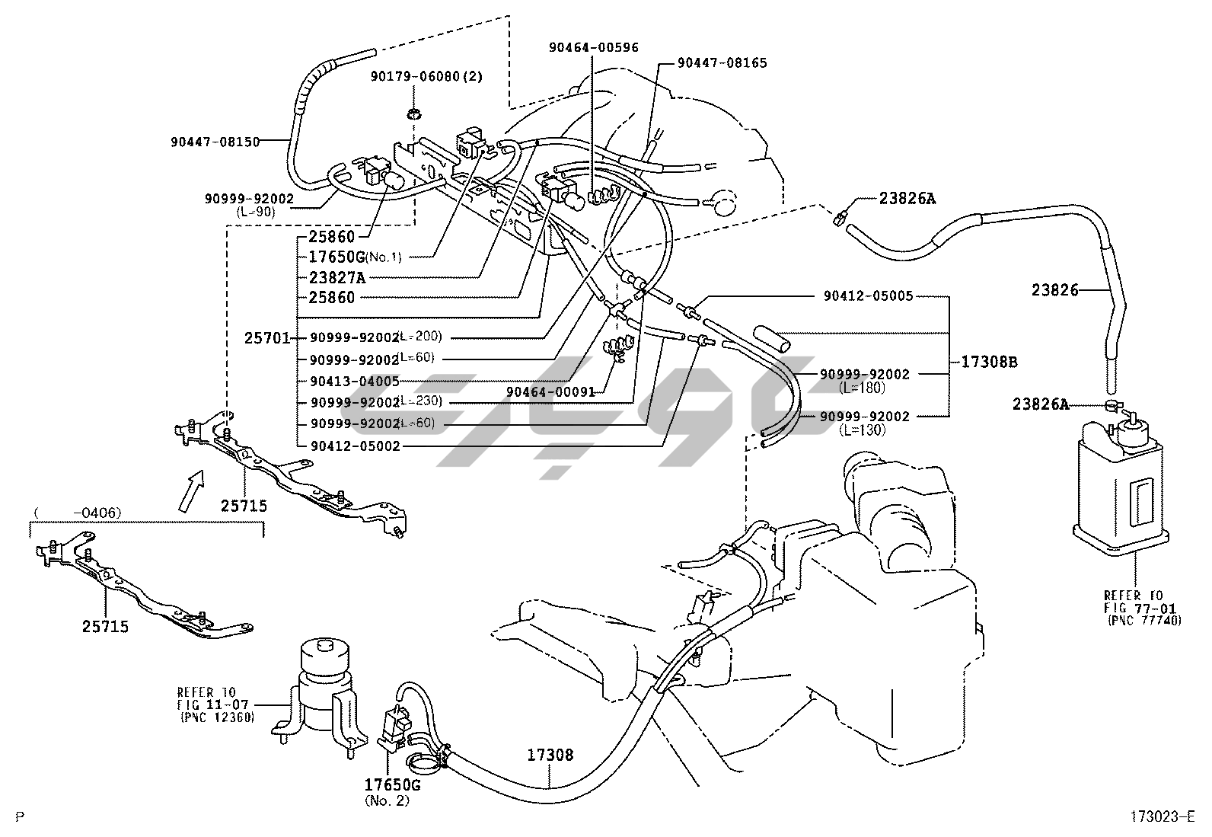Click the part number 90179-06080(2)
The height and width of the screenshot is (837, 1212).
(426, 77)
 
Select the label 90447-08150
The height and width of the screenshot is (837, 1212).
(215, 141)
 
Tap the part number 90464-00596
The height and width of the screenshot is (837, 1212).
(594, 47)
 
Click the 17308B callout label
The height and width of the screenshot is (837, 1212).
(988, 363)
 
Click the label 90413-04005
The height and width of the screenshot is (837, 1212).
(354, 381)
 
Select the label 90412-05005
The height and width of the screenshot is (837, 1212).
(868, 296)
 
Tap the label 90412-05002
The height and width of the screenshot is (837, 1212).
(354, 446)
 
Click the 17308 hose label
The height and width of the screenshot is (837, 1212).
(550, 756)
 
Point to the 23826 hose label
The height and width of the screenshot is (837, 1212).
(1055, 289)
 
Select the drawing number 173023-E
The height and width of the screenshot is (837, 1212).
(1160, 817)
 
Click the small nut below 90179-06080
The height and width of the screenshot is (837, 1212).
(414, 115)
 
